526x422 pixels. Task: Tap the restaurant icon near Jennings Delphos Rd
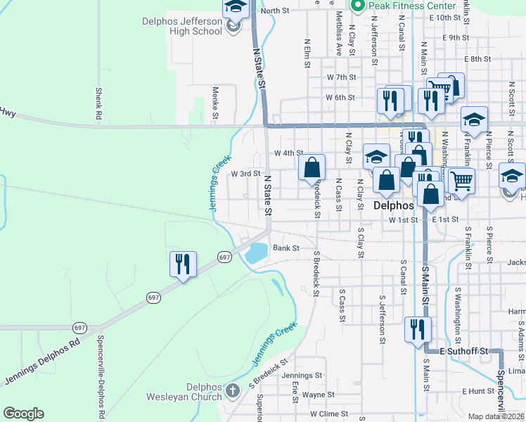click(183, 264)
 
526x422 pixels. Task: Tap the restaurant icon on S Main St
click(418, 328)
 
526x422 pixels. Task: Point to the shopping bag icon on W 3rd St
click(312, 168)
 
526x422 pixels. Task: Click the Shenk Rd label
click(100, 103)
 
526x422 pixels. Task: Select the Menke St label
click(216, 103)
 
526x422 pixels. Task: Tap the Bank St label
click(286, 248)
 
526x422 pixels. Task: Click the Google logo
click(23, 414)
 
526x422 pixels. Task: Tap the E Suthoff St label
click(463, 350)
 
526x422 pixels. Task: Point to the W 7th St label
click(342, 77)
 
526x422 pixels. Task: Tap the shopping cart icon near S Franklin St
click(461, 181)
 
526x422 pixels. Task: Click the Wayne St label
click(318, 395)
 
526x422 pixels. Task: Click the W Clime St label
click(329, 415)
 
